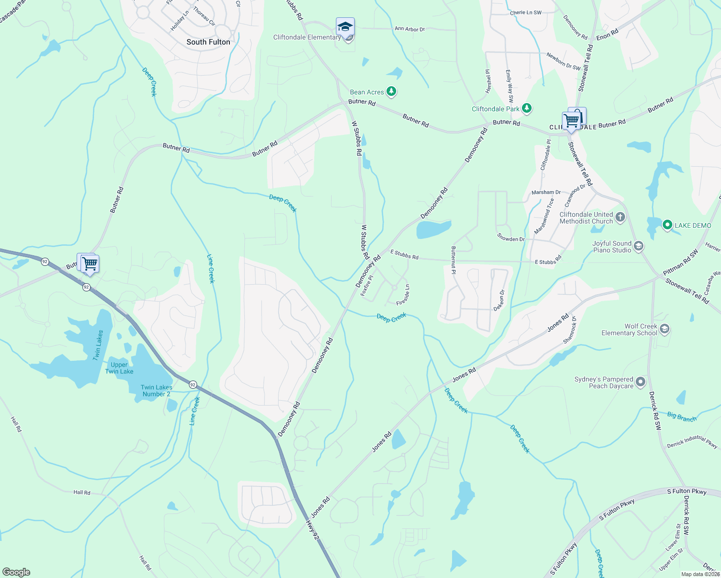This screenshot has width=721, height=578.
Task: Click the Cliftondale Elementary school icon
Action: (x=345, y=27)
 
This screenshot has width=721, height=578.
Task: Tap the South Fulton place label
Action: (x=208, y=42)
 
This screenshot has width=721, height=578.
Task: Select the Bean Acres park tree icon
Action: (x=392, y=91)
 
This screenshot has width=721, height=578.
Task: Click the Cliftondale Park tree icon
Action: (x=527, y=108)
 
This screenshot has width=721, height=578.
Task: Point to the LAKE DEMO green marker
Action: (x=668, y=225)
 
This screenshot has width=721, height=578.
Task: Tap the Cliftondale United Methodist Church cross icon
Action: (x=620, y=217)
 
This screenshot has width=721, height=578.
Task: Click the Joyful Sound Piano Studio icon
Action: (x=639, y=247)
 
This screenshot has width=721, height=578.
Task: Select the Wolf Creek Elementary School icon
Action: (x=665, y=329)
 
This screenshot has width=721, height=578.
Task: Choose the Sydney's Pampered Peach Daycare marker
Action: (x=641, y=382)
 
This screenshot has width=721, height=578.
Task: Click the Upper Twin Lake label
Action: (x=119, y=368)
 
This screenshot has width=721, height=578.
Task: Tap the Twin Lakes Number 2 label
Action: (x=156, y=391)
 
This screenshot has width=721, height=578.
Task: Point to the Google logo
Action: (x=16, y=572)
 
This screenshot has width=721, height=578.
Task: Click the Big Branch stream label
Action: (x=681, y=417)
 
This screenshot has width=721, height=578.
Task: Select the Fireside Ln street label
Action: (x=403, y=295)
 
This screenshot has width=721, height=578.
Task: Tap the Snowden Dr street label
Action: (x=511, y=238)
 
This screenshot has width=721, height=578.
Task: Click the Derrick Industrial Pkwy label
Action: (x=692, y=442)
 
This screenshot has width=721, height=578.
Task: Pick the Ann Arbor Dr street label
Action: (x=410, y=29)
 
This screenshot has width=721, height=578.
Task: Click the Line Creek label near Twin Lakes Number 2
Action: (x=195, y=411)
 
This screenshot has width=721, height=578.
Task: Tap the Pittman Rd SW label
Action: (x=681, y=263)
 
